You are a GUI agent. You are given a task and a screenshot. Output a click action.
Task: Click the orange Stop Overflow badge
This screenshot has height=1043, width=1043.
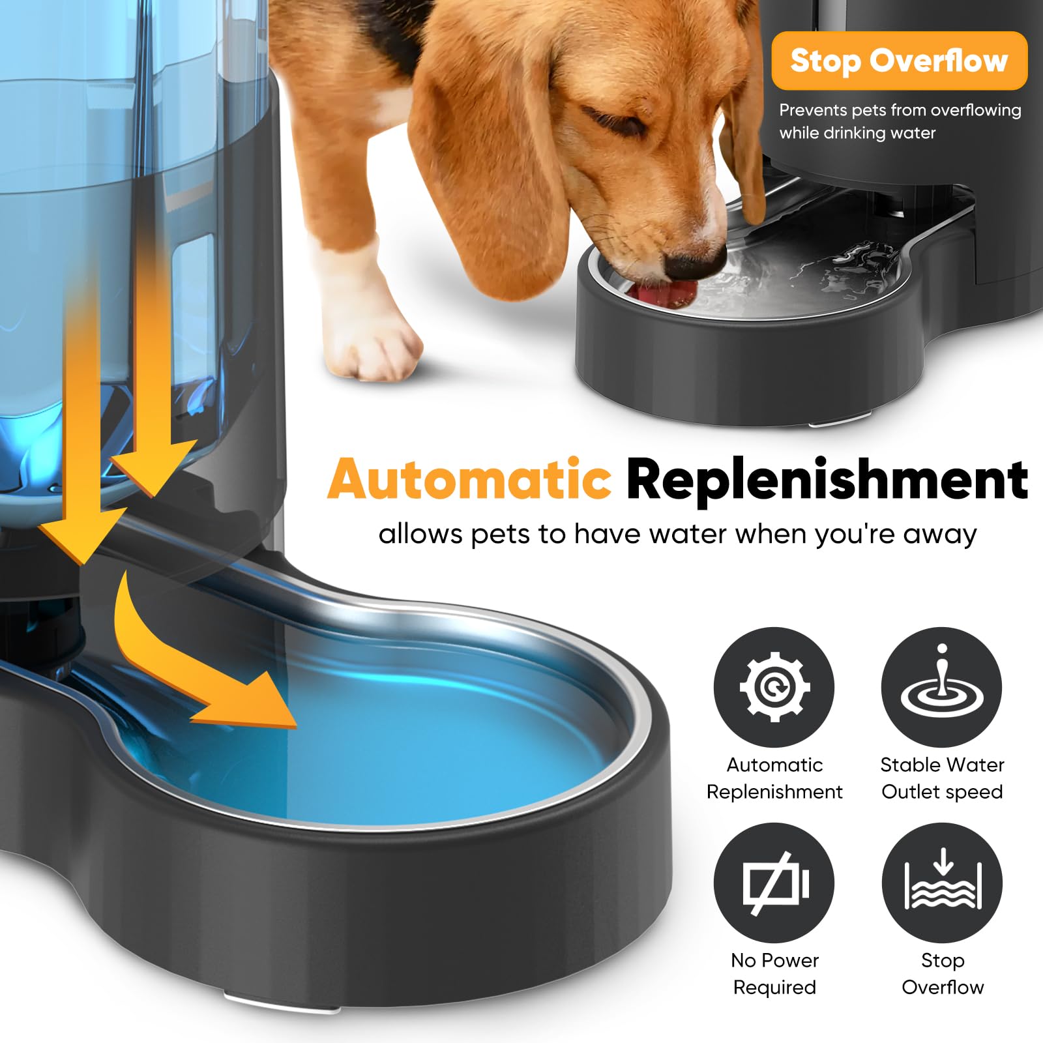[899, 61]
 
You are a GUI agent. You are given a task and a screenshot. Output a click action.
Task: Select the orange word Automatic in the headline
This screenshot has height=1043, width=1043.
[469, 480]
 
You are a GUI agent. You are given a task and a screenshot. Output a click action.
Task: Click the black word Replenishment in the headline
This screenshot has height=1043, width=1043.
[827, 480]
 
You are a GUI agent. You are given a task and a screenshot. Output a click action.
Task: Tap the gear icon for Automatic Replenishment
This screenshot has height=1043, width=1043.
[774, 686]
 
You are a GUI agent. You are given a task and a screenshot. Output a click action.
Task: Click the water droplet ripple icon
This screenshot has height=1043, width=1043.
[941, 686]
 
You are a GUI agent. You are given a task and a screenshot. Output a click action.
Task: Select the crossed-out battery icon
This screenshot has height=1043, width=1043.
[774, 883]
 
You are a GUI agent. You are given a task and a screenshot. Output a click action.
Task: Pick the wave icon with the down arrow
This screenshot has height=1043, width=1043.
[941, 883]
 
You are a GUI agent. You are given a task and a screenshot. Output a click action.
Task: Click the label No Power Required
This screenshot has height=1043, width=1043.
[774, 973]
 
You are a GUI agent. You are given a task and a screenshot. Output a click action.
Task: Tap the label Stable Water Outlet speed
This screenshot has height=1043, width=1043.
[942, 778]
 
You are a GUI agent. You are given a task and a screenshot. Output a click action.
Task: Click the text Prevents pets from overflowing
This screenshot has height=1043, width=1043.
[900, 110]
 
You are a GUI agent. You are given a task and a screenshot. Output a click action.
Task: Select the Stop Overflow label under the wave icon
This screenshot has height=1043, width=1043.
[942, 973]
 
